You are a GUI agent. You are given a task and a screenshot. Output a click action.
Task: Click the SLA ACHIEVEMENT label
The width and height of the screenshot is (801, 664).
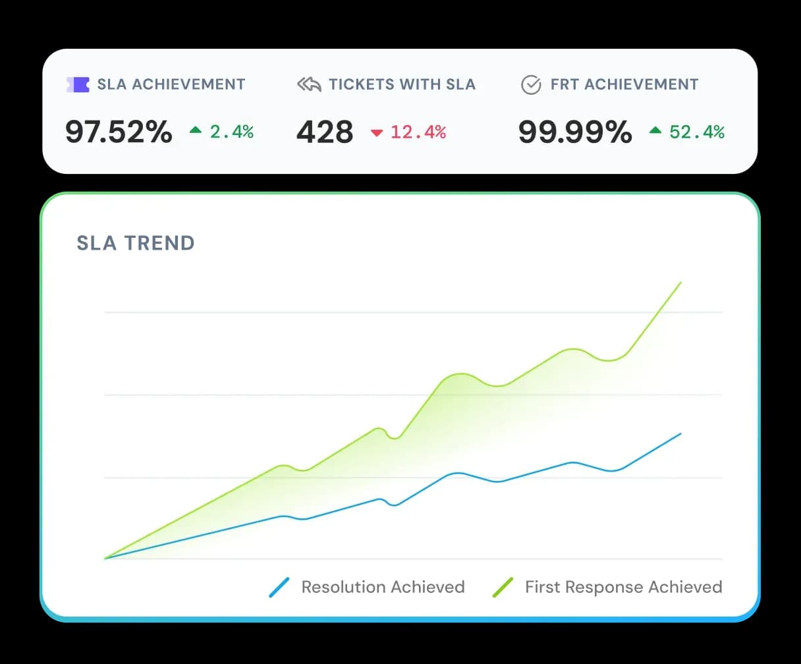(x=171, y=84)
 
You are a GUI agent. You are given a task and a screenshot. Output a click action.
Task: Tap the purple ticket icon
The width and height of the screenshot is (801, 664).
(x=78, y=84)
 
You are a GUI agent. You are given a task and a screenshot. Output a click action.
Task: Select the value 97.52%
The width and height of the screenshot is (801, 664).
(x=119, y=132)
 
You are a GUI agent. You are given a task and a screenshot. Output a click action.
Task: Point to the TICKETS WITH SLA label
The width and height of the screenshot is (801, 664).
(x=402, y=84)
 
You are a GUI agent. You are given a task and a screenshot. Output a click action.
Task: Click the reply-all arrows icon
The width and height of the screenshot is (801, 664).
(x=309, y=84)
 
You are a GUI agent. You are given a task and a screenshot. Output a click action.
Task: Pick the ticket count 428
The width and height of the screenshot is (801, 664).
(x=325, y=132)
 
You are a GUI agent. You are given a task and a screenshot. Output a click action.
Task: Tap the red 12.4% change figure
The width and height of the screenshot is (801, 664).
(x=418, y=132)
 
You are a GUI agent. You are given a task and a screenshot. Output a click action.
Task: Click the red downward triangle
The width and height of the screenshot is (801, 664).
(x=377, y=133)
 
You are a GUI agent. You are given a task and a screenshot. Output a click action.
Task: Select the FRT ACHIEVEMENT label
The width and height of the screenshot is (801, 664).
(x=624, y=84)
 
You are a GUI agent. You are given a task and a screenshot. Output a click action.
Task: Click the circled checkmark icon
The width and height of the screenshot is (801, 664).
(x=531, y=84)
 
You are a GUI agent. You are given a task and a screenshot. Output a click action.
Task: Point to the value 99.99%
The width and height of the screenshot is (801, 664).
(x=575, y=132)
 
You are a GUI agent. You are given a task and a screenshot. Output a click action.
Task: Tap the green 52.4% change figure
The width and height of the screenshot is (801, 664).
(x=697, y=132)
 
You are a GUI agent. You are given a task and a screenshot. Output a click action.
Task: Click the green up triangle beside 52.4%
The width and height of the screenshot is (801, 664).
(x=655, y=131)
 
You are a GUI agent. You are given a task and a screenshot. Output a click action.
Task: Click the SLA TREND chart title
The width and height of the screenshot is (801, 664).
(x=136, y=243)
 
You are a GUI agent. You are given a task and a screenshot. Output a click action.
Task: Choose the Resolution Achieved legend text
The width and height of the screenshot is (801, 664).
(x=383, y=587)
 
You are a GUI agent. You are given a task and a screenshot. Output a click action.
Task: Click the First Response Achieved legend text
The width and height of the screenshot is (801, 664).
(x=623, y=587)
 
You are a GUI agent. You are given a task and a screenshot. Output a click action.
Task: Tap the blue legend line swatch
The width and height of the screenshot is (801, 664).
(x=280, y=587)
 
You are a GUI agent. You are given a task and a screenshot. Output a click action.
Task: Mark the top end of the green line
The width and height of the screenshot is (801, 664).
(x=680, y=283)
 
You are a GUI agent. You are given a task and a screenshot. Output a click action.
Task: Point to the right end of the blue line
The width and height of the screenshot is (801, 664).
(x=680, y=433)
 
